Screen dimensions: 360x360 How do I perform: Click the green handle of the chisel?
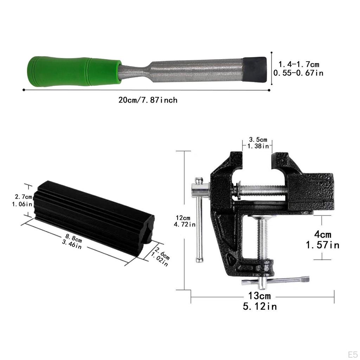pyautogui.click(x=74, y=71)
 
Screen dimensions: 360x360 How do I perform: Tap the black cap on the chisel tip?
pyautogui.click(x=255, y=70)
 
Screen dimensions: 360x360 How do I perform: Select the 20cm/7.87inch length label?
pyautogui.click(x=148, y=100)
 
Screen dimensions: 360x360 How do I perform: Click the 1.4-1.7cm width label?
pyautogui.click(x=299, y=64)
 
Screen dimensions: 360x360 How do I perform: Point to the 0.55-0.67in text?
pyautogui.click(x=298, y=73)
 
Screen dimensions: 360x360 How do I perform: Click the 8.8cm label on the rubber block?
pyautogui.click(x=73, y=238)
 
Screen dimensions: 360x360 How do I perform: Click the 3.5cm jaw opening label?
pyautogui.click(x=258, y=140)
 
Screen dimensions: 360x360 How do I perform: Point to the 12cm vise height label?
pyautogui.click(x=183, y=218)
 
